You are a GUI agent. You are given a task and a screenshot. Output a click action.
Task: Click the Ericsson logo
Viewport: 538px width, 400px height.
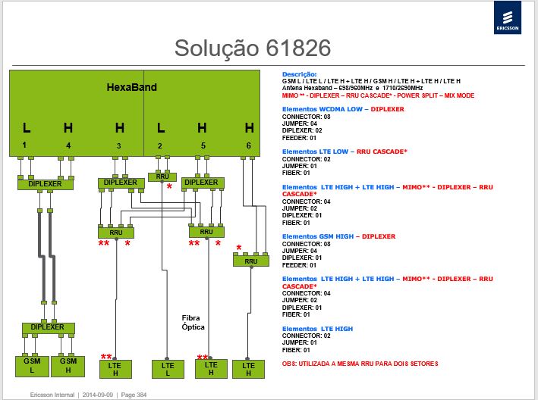(508, 17)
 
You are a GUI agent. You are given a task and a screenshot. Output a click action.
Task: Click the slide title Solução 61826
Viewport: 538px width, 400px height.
(253, 48)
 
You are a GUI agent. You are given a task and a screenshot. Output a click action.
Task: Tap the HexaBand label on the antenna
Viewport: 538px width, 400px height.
(132, 87)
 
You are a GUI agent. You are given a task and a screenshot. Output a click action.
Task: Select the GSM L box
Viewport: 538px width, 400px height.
(32, 367)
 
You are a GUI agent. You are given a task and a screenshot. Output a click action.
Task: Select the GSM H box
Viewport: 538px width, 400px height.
(68, 367)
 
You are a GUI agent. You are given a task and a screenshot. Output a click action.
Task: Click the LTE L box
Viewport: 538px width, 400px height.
(168, 369)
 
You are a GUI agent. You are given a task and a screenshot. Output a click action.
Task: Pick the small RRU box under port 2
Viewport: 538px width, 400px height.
(162, 177)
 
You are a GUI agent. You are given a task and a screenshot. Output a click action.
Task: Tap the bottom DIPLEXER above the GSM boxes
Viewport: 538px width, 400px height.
(48, 328)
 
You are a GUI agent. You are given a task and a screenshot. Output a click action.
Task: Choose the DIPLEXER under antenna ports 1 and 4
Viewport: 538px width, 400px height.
(46, 184)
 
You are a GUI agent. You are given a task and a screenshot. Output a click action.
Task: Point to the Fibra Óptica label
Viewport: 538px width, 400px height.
(193, 323)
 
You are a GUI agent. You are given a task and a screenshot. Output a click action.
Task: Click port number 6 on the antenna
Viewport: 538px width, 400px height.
(249, 145)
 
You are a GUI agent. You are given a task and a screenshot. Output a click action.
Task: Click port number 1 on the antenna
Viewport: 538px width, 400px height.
(24, 145)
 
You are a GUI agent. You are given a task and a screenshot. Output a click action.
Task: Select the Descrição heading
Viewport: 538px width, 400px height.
(299, 74)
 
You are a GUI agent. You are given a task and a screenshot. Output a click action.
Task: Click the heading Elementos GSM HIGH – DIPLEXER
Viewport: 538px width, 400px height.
(338, 236)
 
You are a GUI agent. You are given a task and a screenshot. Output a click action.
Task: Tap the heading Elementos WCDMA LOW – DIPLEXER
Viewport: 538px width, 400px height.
(343, 109)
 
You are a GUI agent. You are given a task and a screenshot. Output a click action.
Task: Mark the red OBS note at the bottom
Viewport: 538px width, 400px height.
(360, 364)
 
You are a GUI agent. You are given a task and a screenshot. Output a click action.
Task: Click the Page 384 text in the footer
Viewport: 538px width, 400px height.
(134, 395)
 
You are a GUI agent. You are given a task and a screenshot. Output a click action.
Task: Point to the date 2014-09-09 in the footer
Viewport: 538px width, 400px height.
(97, 395)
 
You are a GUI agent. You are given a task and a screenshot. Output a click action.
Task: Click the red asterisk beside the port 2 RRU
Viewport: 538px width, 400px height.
(169, 186)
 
